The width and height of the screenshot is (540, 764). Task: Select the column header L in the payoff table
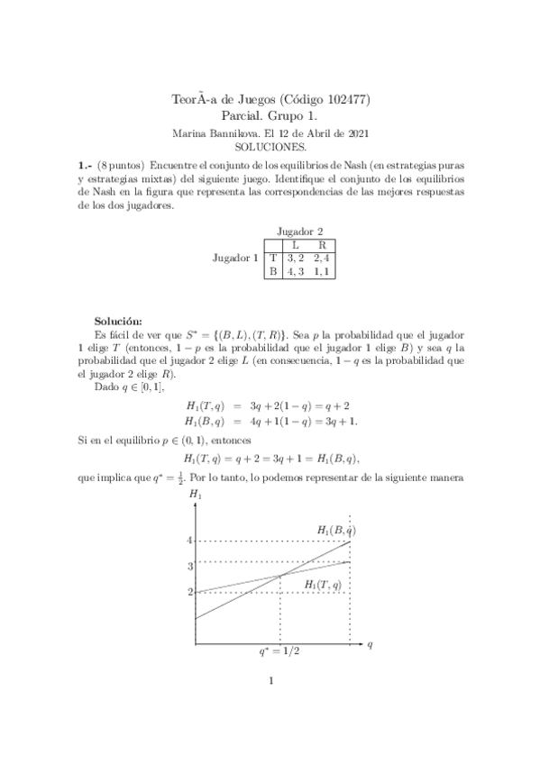pyautogui.click(x=296, y=244)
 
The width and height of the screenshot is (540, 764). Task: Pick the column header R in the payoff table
pyautogui.click(x=321, y=244)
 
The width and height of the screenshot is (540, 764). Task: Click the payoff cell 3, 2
pyautogui.click(x=295, y=258)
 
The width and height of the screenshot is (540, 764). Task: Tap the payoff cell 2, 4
pyautogui.click(x=321, y=258)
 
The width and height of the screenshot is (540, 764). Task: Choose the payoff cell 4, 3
pyautogui.click(x=295, y=271)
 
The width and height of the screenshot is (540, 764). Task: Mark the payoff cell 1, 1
pyautogui.click(x=321, y=271)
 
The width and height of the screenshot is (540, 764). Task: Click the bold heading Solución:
pyautogui.click(x=124, y=320)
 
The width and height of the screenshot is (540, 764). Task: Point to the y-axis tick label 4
pyautogui.click(x=189, y=541)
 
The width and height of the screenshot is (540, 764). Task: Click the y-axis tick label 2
pyautogui.click(x=189, y=592)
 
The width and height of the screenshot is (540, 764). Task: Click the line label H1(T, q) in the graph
pyautogui.click(x=323, y=585)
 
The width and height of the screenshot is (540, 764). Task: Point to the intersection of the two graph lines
pyautogui.click(x=281, y=576)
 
